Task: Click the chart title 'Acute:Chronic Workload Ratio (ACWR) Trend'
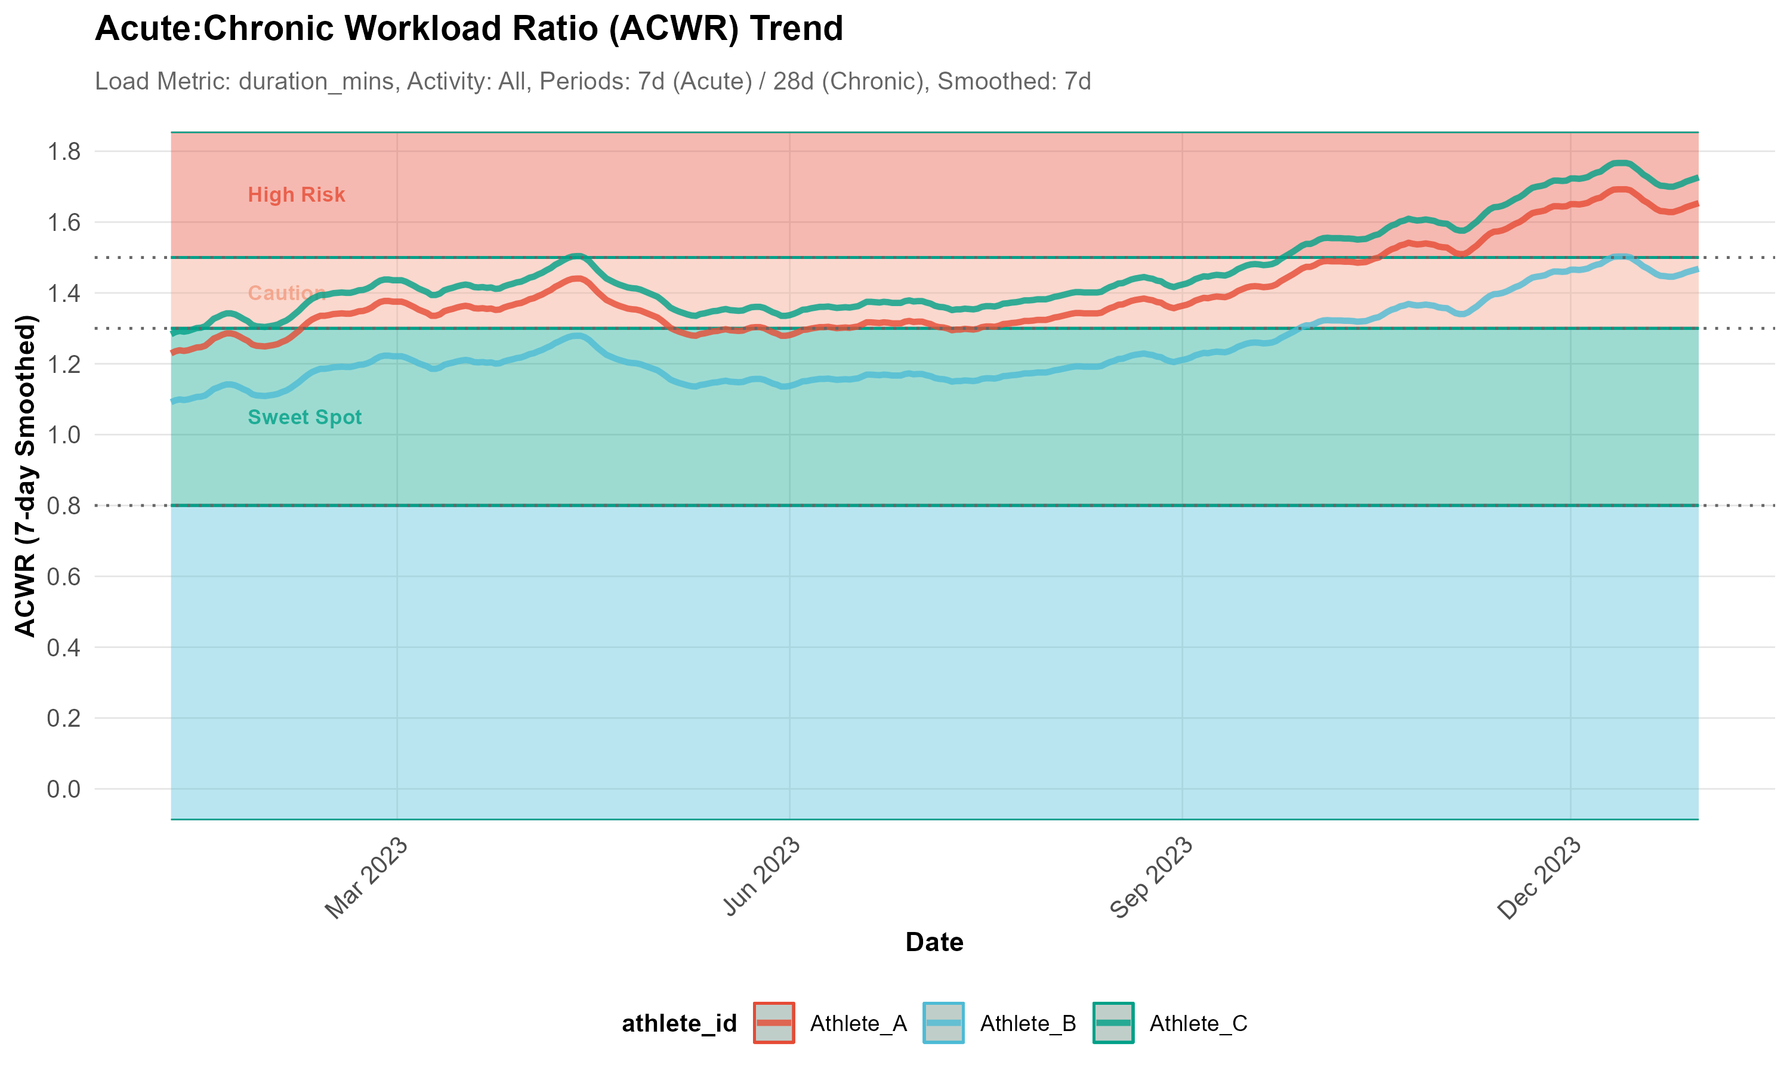469,29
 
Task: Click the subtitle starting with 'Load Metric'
592,81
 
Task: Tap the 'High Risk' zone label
296,195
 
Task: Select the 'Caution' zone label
286,293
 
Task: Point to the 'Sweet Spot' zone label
305,417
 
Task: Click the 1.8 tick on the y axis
64,152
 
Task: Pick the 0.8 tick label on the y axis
64,505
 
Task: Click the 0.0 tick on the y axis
64,789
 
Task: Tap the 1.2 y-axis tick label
64,364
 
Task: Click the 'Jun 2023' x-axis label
761,877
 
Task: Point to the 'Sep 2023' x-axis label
1151,878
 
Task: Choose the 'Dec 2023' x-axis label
1539,878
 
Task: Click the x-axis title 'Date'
934,942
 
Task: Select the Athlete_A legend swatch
773,1023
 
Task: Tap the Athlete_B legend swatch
943,1023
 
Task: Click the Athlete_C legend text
1198,1023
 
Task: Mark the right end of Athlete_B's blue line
1697,269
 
